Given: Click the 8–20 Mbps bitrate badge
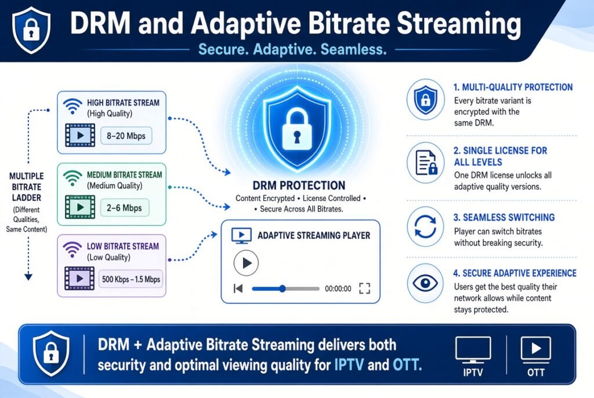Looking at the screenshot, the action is tap(126, 136).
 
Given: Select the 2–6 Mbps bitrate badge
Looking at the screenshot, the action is tap(125, 208).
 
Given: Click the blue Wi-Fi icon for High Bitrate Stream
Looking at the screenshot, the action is tap(73, 105).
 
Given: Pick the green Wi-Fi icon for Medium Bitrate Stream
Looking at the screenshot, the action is tap(73, 177).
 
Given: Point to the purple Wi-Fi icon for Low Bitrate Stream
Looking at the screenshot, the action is tap(73, 249).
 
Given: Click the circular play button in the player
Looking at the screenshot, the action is tap(246, 263).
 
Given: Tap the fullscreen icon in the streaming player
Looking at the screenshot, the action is tap(364, 289).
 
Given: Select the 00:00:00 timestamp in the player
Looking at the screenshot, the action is tap(338, 289).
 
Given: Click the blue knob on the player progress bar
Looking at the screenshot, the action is tap(282, 289).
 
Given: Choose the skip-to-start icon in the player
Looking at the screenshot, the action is tap(238, 289).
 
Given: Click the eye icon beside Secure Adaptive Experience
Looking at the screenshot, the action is tap(425, 283).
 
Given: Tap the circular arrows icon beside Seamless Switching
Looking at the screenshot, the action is tap(425, 227).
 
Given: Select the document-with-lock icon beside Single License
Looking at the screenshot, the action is tap(426, 162).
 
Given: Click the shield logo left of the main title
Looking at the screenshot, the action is tap(31, 30).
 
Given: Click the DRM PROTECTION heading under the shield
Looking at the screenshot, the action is tap(299, 185).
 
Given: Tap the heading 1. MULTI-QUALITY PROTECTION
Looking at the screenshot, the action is tap(513, 87).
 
